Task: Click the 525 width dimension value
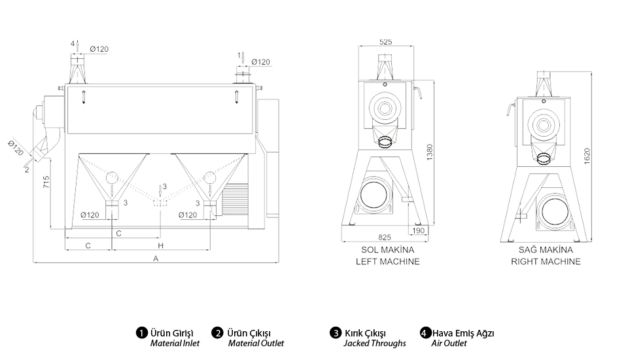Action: [x=385, y=42]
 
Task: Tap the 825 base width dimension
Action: [x=385, y=238]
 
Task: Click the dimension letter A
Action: [x=156, y=259]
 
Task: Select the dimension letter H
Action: [x=160, y=245]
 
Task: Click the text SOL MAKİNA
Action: [x=388, y=250]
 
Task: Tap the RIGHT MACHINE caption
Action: [x=546, y=261]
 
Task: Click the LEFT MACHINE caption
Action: [x=388, y=261]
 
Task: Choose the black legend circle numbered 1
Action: [x=140, y=333]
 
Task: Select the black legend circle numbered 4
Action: [x=425, y=333]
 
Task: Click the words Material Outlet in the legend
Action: [x=256, y=343]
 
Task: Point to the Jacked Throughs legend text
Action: [x=375, y=343]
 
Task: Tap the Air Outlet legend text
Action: [x=449, y=343]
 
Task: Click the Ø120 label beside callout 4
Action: [x=99, y=49]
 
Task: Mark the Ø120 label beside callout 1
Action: [x=260, y=62]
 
